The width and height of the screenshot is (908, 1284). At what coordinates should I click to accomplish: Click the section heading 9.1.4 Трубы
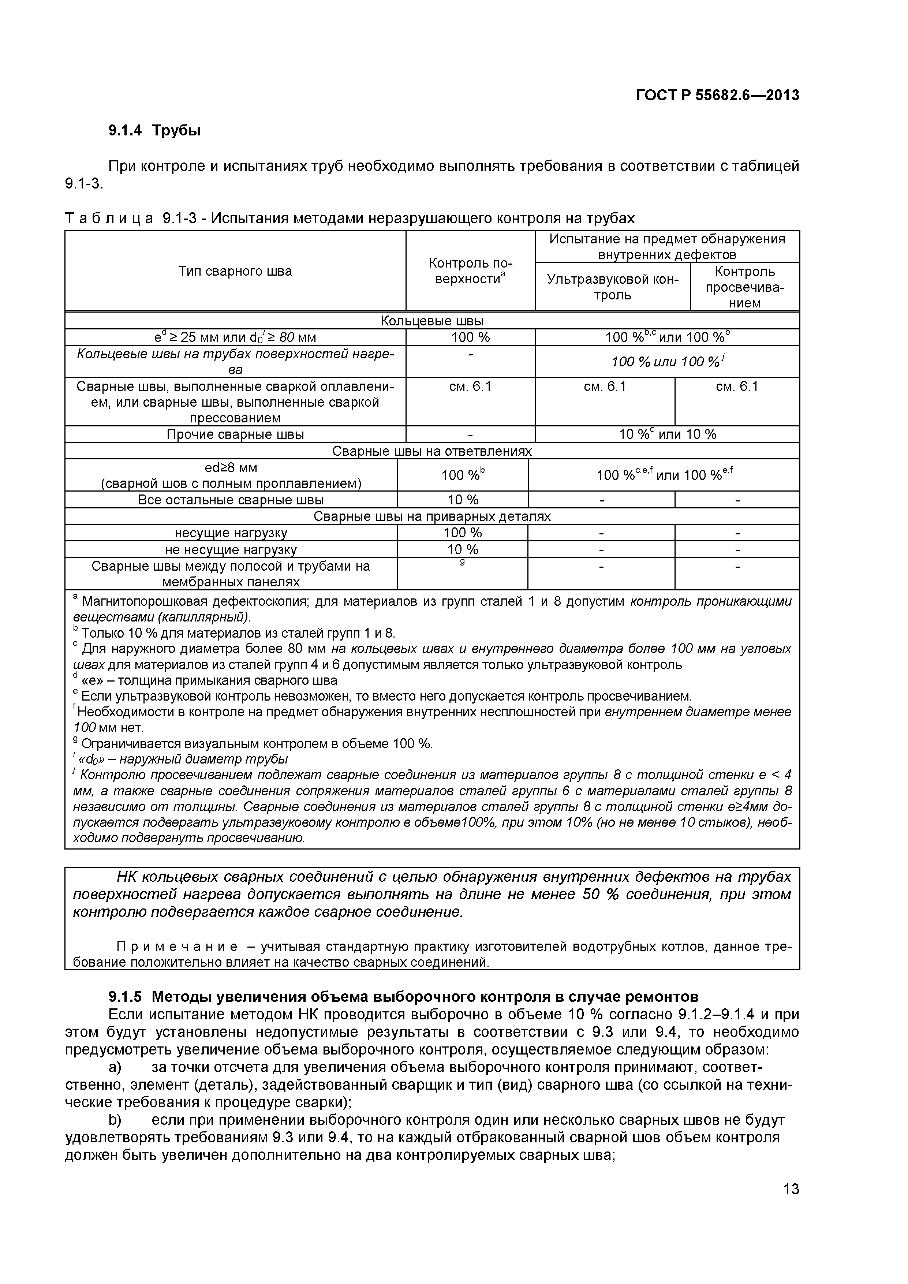coord(154,131)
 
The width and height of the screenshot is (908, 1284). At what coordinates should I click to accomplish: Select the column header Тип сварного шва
coord(235,271)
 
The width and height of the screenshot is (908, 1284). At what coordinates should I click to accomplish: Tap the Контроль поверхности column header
coord(470,271)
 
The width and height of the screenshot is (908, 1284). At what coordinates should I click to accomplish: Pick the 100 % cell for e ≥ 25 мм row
coord(470,337)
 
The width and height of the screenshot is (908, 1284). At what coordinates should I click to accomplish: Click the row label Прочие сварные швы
coord(235,434)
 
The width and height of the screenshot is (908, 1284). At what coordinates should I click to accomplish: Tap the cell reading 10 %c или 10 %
coord(667,434)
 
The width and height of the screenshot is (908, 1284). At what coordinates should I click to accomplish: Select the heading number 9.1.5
coord(125,997)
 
